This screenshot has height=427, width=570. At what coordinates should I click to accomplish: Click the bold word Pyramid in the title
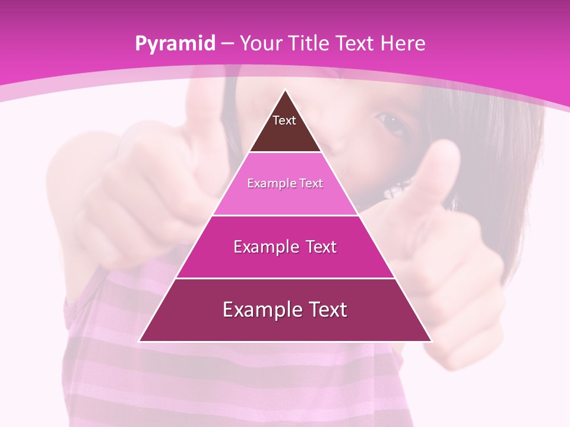(x=175, y=44)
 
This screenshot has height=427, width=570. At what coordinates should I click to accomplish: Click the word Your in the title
(x=261, y=44)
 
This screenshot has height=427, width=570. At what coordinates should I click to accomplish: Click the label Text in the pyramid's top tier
(x=284, y=120)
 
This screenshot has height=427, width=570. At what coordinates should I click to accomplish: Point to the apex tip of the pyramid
(x=286, y=90)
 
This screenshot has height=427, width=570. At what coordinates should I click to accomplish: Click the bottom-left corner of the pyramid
(x=140, y=341)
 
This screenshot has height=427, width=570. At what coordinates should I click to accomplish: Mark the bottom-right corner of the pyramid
(x=431, y=341)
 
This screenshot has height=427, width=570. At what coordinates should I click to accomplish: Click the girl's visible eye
(x=391, y=122)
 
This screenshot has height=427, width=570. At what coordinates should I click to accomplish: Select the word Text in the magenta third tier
(x=317, y=247)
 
